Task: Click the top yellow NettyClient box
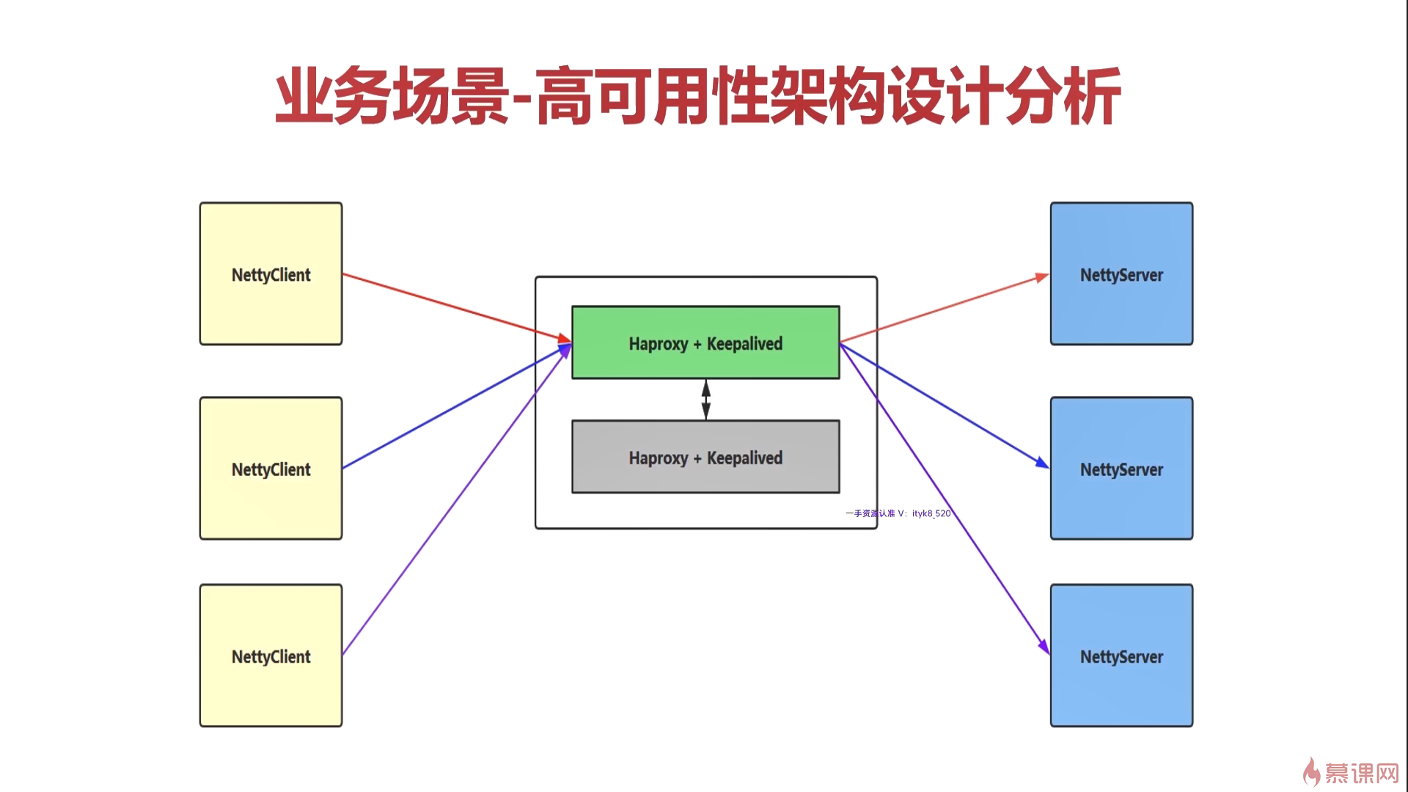[x=271, y=274]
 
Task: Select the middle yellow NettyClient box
[x=271, y=469]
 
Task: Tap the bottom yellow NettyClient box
[x=271, y=656]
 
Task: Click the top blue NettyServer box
[x=1121, y=274]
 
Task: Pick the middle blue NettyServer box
[x=1121, y=469]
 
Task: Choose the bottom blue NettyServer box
[x=1121, y=656]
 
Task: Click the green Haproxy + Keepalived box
[x=705, y=342]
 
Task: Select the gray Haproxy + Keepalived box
[x=705, y=457]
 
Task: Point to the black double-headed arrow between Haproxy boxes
[x=705, y=400]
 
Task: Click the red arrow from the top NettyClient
[x=457, y=307]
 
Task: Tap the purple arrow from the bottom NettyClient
[x=457, y=499]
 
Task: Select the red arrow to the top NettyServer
[x=945, y=309]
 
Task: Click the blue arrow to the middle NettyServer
[x=945, y=405]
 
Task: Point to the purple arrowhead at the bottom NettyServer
[x=1044, y=647]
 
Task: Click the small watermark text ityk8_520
[x=931, y=513]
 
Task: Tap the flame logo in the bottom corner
[x=1311, y=772]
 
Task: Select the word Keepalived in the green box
[x=744, y=343]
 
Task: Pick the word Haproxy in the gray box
[x=659, y=458]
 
